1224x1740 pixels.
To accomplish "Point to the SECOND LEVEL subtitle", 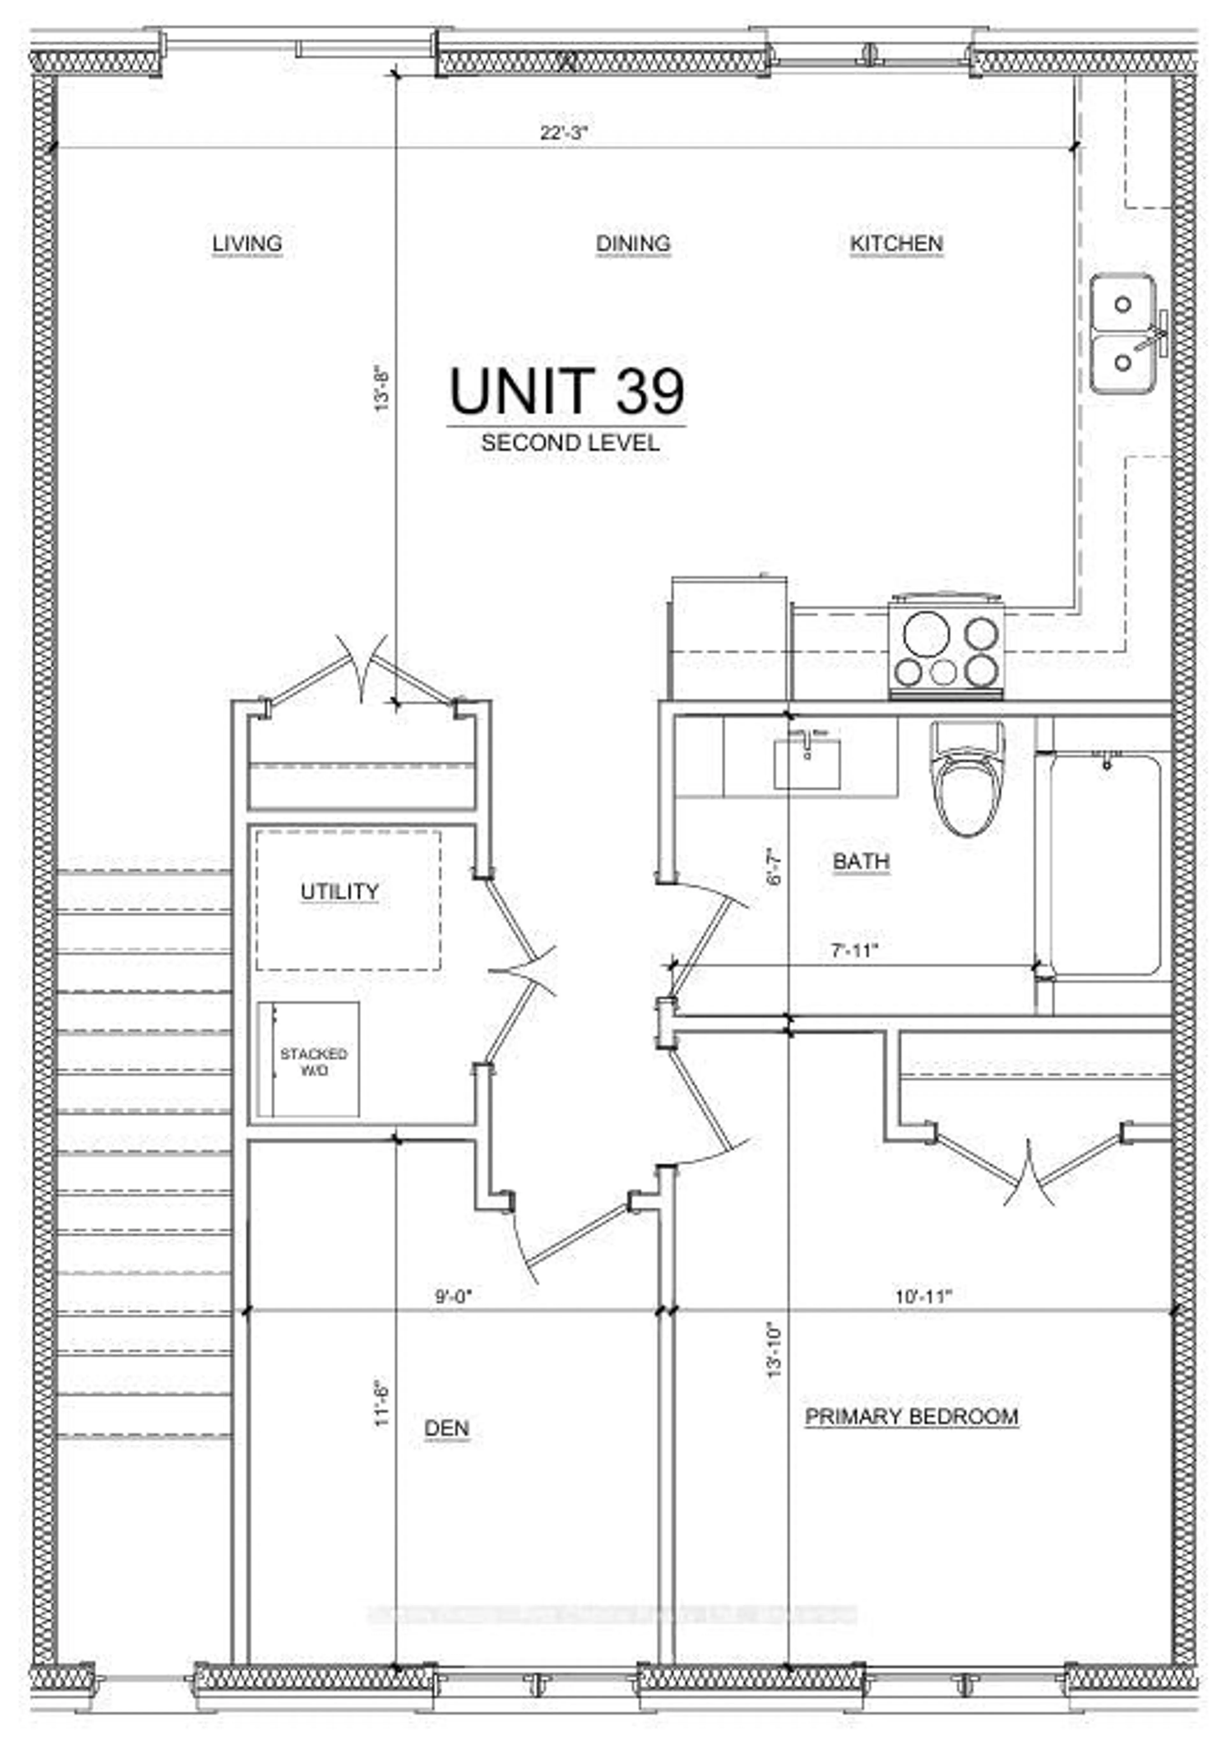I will [570, 442].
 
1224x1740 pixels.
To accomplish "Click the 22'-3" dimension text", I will [564, 133].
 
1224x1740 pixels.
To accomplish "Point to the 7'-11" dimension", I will [854, 950].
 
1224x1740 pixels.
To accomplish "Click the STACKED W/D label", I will [313, 1062].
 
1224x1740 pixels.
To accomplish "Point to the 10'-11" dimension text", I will [922, 1297].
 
